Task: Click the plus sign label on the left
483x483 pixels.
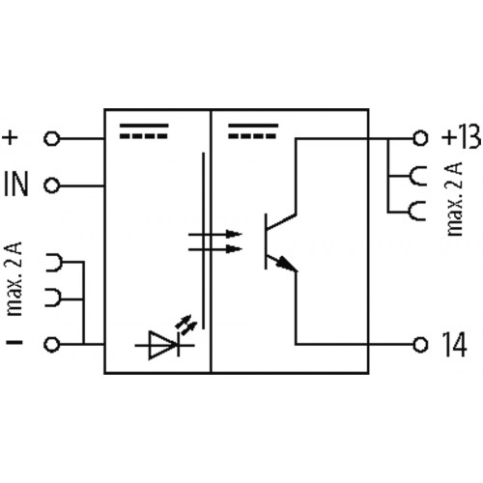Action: click(x=12, y=138)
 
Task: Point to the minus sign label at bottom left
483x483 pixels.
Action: click(x=12, y=343)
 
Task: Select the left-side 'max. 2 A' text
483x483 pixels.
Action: click(x=14, y=281)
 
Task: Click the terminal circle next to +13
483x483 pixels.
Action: click(x=419, y=138)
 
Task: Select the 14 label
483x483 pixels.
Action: click(x=452, y=343)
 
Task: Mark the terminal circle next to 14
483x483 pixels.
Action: click(x=419, y=343)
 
